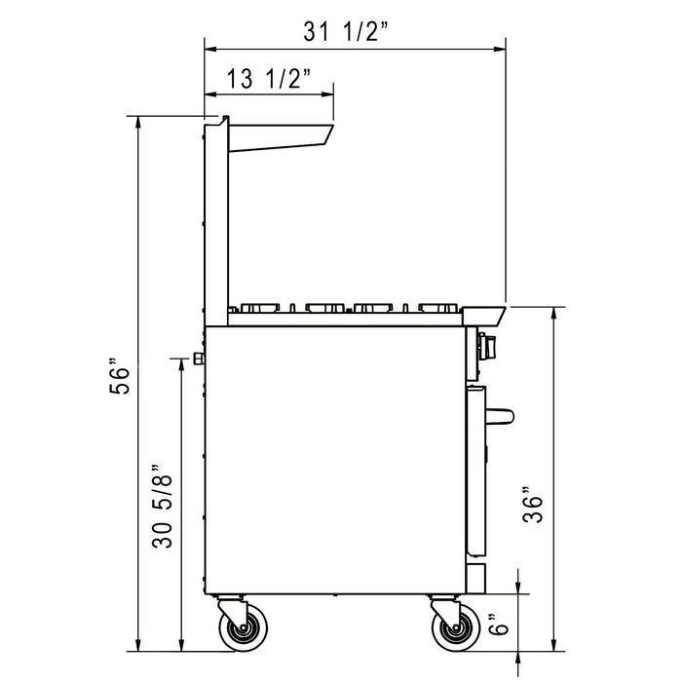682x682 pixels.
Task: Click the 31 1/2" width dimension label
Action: coord(346,31)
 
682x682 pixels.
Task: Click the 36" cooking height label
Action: coord(532,503)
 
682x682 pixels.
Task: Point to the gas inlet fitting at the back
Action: coord(199,359)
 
